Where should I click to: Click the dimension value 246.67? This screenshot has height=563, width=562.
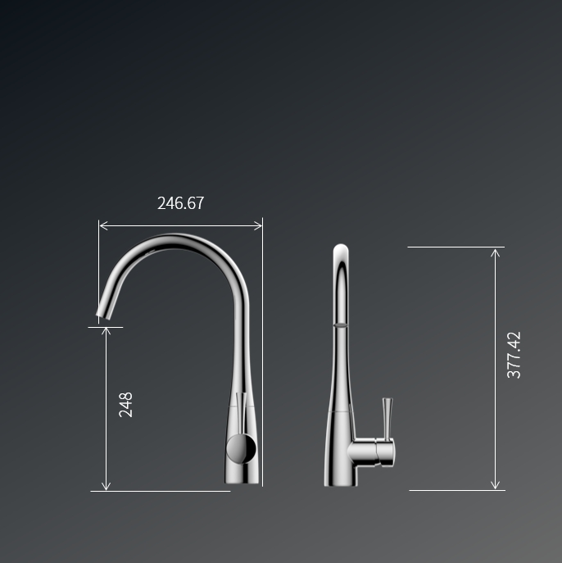pos(180,203)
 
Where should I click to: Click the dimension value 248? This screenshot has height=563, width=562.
pos(126,405)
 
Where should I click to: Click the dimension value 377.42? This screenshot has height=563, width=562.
pos(514,355)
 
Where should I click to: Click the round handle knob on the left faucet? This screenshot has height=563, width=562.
pos(241,448)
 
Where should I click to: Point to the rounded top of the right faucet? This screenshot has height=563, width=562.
pos(341,249)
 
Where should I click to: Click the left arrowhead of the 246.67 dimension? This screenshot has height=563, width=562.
pos(102,225)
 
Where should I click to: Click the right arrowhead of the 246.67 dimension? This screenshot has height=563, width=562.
pos(259,225)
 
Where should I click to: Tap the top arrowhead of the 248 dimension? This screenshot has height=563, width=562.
pos(106,330)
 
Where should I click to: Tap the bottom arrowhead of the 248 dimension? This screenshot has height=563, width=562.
pos(106,487)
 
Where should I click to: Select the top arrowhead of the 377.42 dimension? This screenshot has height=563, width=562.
pos(495,251)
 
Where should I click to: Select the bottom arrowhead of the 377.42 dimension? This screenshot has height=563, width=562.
pos(495,486)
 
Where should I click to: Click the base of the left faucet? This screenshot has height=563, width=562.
pos(242,477)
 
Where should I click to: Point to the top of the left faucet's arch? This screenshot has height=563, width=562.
pos(176,239)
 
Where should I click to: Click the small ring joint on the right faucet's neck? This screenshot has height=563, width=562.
pos(340,325)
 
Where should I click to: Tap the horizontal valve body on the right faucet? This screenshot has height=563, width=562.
pos(371,452)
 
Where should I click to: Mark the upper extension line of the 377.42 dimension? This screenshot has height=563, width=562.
pos(455,247)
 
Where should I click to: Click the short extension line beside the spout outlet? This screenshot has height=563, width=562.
pos(105,327)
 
